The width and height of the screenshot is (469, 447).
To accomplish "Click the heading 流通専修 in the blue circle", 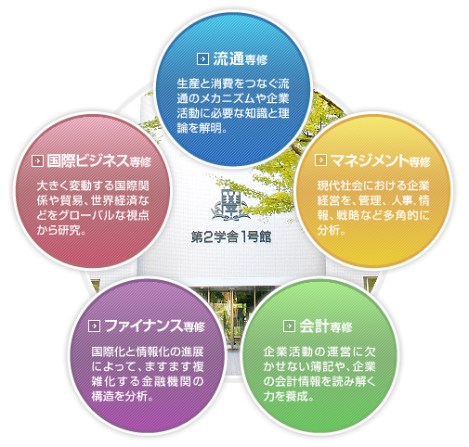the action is point(241,58).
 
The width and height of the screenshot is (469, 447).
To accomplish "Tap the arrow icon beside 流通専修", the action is point(202,58).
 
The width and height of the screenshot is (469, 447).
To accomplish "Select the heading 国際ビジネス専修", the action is point(99,161).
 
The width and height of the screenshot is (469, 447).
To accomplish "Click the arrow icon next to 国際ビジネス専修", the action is point(37,161).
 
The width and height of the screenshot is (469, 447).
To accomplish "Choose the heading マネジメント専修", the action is point(381,160).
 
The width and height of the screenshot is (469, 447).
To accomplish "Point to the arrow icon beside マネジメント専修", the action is point(320,160).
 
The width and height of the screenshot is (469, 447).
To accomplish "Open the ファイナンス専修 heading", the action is point(155,326).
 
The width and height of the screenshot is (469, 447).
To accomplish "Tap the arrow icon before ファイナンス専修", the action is point(94,326).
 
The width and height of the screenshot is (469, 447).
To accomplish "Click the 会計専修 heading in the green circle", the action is point(326,326).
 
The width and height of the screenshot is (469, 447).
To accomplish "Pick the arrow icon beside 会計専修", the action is point(289,326).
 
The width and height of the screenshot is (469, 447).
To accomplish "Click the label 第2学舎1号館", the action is point(231,237).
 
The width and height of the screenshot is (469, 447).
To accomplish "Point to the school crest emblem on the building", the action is point(230,205).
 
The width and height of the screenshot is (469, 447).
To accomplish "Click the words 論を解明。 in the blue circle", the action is point(202,128).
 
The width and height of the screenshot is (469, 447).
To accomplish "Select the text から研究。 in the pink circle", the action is point(61,230).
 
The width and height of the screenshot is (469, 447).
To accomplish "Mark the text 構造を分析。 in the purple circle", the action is point(123,396).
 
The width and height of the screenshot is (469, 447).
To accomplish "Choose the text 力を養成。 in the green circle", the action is point(289,396).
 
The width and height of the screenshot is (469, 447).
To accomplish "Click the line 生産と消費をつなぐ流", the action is point(233,83).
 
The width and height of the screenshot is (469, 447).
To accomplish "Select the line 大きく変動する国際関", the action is point(93,185).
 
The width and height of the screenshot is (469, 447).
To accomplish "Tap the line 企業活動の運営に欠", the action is point(319,351).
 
